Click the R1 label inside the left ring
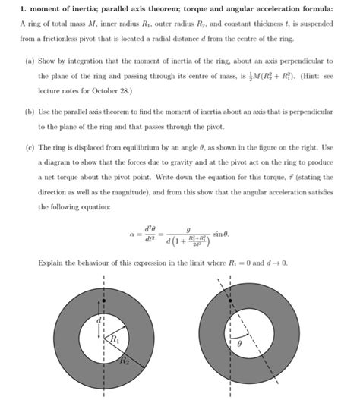pyautogui.click(x=115, y=341)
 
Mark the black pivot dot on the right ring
pyautogui.click(x=230, y=302)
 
